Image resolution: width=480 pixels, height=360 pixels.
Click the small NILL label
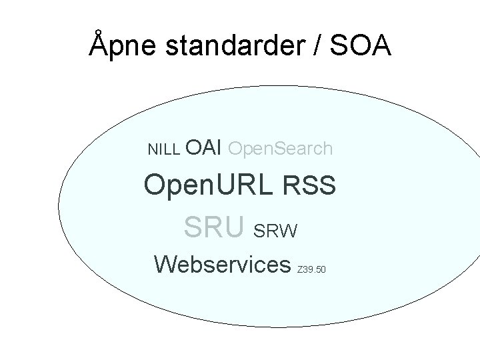163,149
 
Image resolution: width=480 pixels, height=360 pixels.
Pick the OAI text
203,147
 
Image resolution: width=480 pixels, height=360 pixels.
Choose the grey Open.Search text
280,148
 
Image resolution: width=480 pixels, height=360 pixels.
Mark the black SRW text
276,231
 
